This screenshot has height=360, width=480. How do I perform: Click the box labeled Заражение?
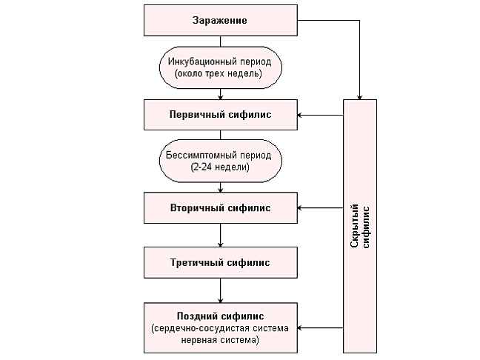coord(220,21)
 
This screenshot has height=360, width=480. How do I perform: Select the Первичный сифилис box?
coord(220,115)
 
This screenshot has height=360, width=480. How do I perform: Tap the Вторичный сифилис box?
coord(220,208)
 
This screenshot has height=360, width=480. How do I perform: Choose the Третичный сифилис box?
coord(220,262)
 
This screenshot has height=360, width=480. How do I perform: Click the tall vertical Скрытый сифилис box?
coord(360,225)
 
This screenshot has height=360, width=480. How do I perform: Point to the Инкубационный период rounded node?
coord(220,67)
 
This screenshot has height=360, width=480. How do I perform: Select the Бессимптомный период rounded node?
coord(220,161)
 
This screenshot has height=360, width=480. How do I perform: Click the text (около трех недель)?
coord(220,74)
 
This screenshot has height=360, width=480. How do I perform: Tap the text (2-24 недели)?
coord(220,168)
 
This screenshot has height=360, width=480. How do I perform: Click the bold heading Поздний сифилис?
coord(220,316)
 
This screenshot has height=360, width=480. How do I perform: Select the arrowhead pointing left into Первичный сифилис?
coord(301,115)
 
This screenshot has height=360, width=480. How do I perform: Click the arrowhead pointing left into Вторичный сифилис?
coord(301,208)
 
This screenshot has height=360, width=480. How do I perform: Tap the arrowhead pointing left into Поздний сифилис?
coord(301,327)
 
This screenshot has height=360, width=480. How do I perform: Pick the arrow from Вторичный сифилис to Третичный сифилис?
coord(220,235)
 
